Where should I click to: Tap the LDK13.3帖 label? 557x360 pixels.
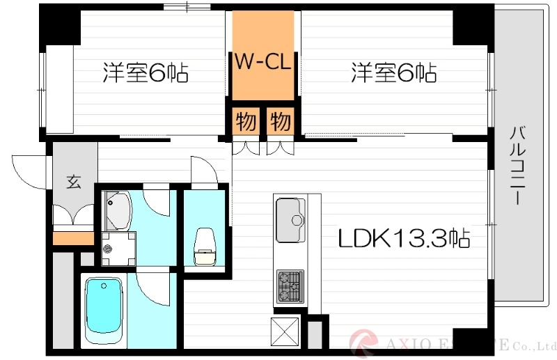click(404, 239)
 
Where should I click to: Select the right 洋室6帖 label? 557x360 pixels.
click(393, 72)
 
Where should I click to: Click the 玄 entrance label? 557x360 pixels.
click(73, 182)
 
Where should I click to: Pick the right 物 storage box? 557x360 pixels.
click(280, 122)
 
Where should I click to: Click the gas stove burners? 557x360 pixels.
click(290, 285)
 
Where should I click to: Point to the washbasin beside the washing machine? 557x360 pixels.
click(118, 211)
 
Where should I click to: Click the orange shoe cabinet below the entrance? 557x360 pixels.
click(73, 238)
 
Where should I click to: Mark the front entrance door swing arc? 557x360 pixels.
click(28, 167)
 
